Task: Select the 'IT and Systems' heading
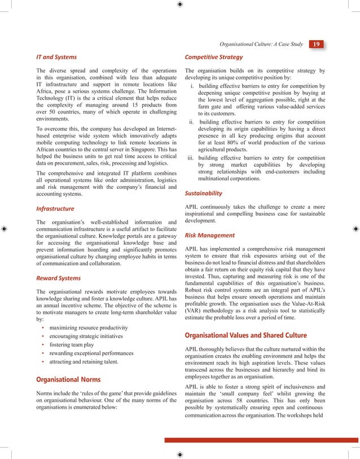point(56,57)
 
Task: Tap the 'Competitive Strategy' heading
point(214,57)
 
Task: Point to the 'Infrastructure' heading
point(55,209)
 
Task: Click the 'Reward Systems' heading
point(58,278)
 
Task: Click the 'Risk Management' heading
point(210,235)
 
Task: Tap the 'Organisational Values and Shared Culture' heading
point(246,336)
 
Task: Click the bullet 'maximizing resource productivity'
point(88,328)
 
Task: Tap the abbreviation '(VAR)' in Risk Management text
point(194,310)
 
